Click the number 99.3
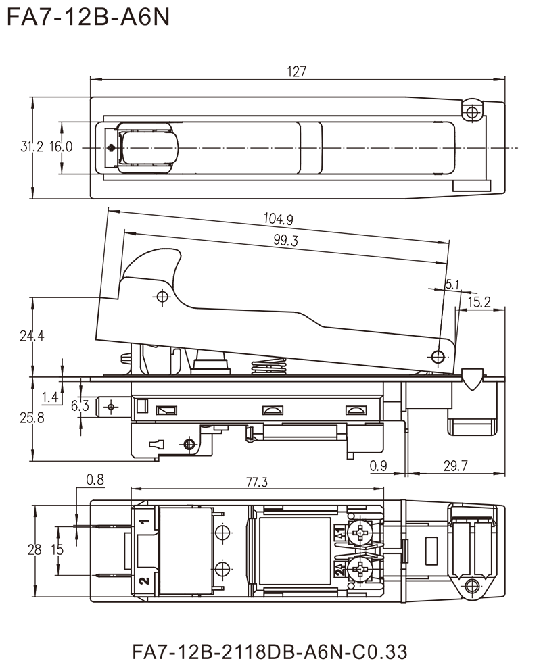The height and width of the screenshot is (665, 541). (x=286, y=240)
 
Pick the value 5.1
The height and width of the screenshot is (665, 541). (x=452, y=284)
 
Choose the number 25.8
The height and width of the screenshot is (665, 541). (x=32, y=419)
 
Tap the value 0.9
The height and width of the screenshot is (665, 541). (x=377, y=465)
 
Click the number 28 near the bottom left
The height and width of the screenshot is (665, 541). (x=34, y=551)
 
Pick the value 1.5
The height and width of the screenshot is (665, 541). (x=60, y=551)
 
